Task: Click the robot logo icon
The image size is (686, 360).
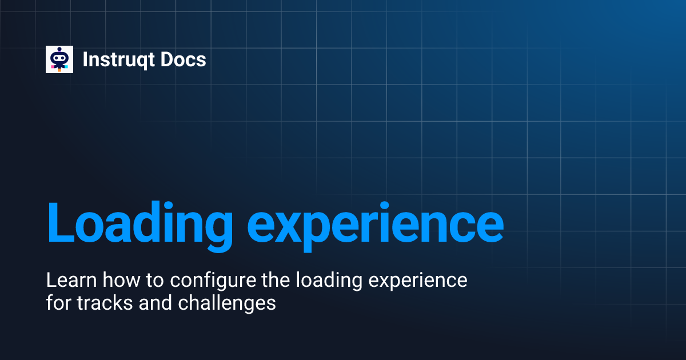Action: pos(59,59)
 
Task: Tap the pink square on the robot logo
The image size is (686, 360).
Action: pos(53,67)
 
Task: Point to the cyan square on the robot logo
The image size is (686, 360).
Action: pos(66,67)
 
